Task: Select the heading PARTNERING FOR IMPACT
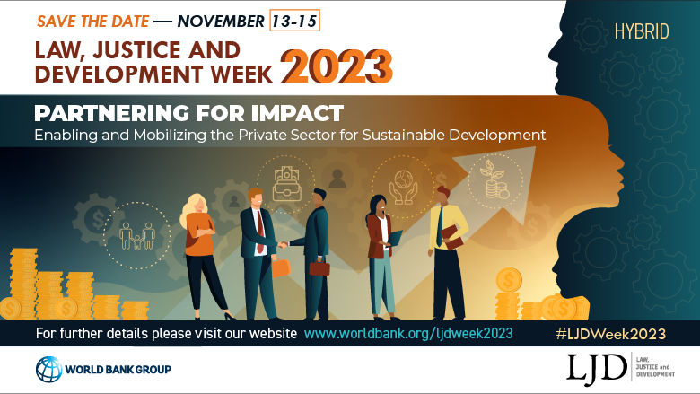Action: tap(188, 114)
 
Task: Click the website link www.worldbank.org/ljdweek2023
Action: tap(408, 333)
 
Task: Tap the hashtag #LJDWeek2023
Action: tap(610, 333)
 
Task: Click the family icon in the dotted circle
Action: tap(136, 236)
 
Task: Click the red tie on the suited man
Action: tap(259, 231)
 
